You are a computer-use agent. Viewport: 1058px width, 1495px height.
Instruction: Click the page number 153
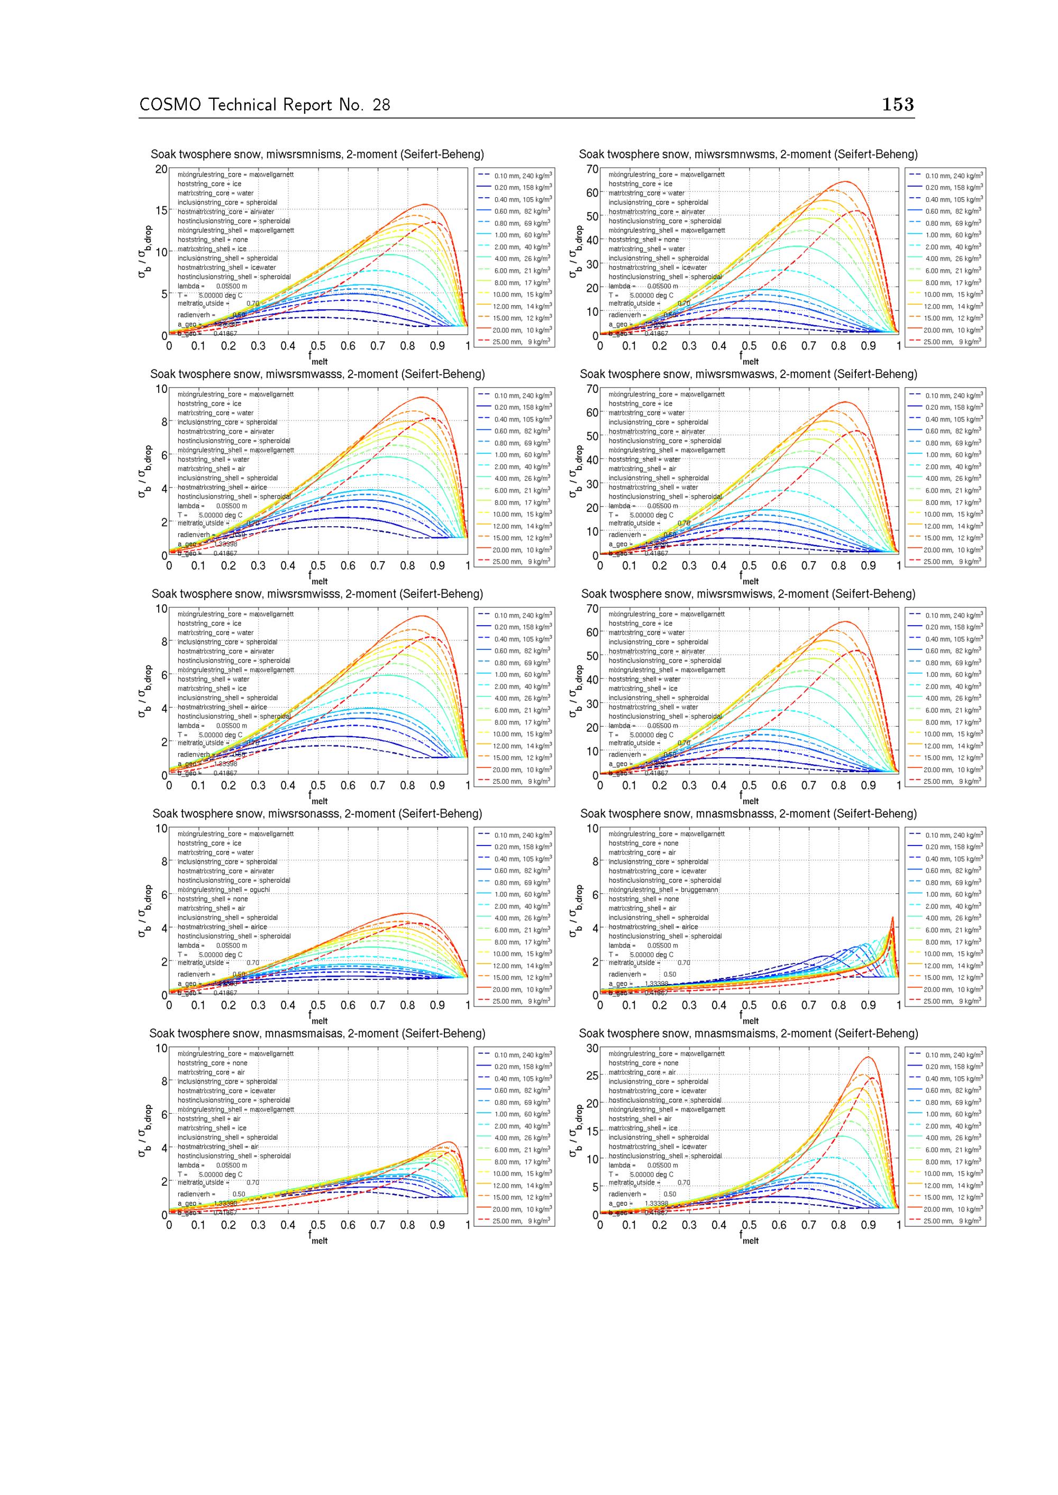[x=898, y=105]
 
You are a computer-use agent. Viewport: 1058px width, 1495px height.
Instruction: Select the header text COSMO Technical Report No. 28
[x=264, y=105]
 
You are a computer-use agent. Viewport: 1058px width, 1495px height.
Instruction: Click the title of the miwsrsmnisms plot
[x=317, y=154]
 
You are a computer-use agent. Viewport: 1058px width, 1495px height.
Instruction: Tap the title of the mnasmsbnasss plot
[x=748, y=813]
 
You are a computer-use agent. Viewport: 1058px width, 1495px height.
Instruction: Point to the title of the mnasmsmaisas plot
[x=317, y=1033]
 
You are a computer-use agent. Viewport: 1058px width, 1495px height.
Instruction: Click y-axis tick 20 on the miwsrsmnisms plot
[x=161, y=169]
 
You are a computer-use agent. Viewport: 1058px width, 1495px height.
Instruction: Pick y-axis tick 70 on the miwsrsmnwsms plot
[x=591, y=169]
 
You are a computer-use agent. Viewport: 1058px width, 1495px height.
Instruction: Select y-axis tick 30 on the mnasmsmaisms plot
[x=591, y=1048]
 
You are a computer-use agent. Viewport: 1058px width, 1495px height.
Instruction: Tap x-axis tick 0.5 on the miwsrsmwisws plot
[x=749, y=785]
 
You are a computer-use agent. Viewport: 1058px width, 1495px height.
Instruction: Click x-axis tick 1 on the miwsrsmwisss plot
[x=468, y=785]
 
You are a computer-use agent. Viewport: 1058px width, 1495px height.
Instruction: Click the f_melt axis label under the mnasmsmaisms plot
[x=749, y=1241]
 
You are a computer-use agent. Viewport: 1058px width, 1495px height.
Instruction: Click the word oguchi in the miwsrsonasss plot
[x=259, y=889]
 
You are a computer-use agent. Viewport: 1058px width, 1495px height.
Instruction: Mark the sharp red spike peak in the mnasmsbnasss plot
[x=892, y=918]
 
